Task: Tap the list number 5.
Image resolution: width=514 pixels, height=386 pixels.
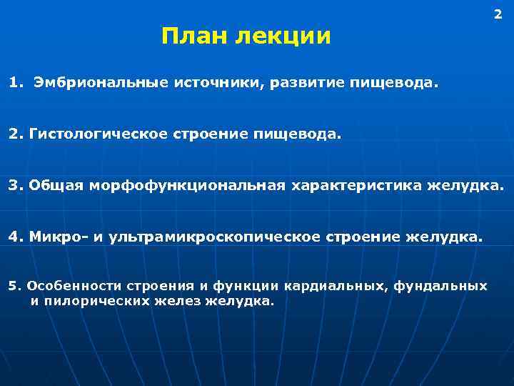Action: (x=12, y=286)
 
